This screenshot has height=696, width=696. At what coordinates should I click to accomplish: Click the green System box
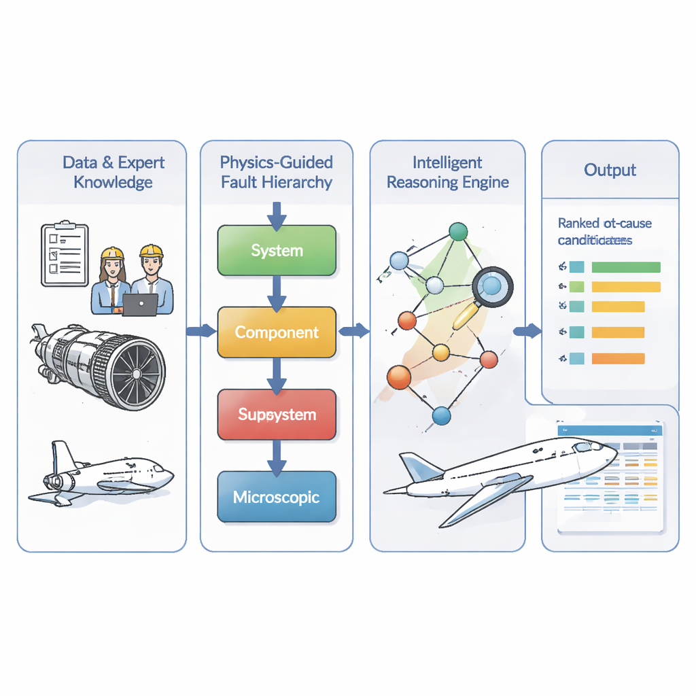(277, 250)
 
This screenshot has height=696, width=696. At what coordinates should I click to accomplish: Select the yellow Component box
(277, 332)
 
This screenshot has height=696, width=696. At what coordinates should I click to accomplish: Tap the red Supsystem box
(277, 414)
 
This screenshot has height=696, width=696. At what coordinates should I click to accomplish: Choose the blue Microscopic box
(277, 497)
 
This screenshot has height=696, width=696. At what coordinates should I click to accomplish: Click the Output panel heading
(610, 170)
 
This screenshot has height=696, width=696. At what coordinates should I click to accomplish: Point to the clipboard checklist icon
(65, 253)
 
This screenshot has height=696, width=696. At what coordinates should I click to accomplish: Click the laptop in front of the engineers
(140, 305)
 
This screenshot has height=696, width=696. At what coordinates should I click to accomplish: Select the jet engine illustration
(102, 366)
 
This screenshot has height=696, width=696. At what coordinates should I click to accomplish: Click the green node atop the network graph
(458, 232)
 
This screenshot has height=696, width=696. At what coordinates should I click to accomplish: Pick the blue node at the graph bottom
(441, 415)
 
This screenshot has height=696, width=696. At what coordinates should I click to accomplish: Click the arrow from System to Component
(276, 291)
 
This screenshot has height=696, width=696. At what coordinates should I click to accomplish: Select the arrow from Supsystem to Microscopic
(276, 456)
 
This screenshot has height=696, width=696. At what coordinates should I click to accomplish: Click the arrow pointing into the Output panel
(527, 331)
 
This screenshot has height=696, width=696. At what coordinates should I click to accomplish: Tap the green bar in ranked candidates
(625, 267)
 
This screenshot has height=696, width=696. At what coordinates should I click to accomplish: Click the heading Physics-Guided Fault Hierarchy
(276, 172)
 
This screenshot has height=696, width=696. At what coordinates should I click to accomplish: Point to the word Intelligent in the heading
(447, 162)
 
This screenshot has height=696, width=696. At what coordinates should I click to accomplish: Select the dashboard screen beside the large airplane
(610, 476)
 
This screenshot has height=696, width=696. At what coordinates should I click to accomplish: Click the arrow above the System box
(276, 213)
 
